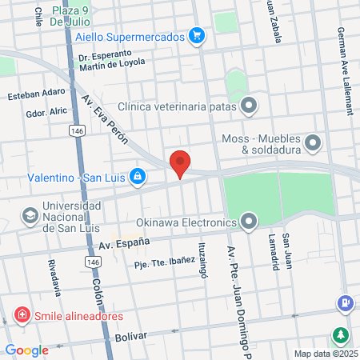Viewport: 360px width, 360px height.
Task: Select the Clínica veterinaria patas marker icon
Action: click(250, 105)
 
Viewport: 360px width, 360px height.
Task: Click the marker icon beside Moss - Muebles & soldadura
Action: click(313, 144)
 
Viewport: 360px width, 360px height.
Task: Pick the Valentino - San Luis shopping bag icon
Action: click(138, 174)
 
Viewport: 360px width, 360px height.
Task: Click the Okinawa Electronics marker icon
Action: click(250, 221)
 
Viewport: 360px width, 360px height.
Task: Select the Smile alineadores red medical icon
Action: click(22, 315)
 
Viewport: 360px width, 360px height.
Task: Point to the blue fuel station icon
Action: click(345, 305)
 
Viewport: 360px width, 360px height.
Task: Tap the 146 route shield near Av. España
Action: click(94, 262)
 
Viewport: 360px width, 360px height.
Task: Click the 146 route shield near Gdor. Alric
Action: click(76, 130)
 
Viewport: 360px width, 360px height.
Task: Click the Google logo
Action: click(26, 350)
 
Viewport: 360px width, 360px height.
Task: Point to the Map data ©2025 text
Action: click(325, 354)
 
